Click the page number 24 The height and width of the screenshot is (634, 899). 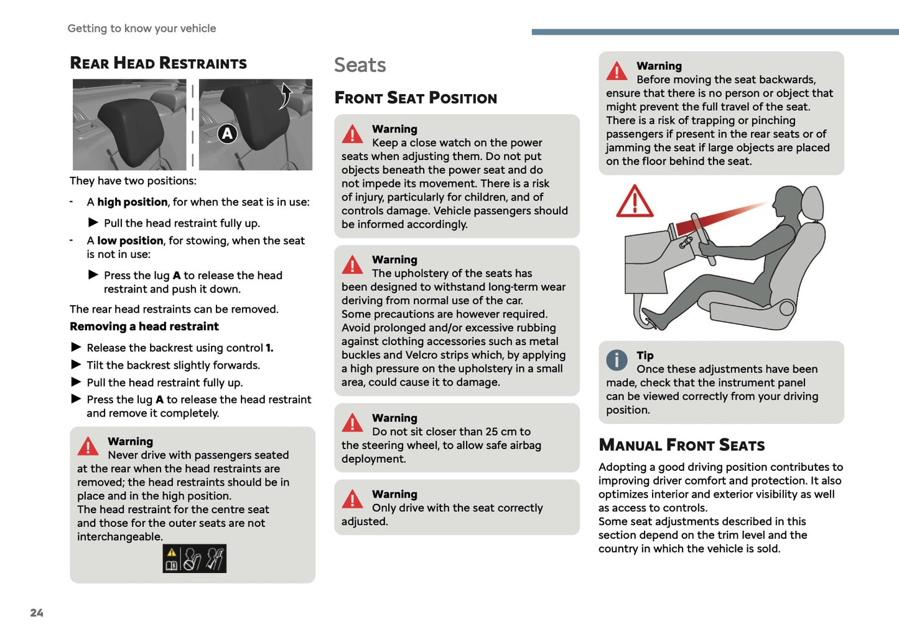tap(37, 613)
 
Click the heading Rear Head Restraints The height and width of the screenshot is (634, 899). tap(158, 63)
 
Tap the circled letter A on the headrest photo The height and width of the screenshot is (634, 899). tap(227, 133)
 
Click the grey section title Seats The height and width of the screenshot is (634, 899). tap(360, 65)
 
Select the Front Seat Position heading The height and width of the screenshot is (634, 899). tap(416, 98)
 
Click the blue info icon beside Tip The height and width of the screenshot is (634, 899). tap(617, 359)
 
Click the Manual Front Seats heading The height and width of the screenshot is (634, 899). tap(681, 445)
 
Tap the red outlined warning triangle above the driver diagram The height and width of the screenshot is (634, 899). tap(634, 202)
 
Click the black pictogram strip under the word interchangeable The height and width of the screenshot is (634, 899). tap(194, 559)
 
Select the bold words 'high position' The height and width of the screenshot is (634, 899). tap(132, 202)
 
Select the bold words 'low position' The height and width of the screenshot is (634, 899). tap(130, 240)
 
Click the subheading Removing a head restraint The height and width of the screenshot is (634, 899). tap(144, 326)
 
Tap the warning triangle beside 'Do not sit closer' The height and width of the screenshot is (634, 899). tap(352, 423)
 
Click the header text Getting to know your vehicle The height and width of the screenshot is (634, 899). tap(142, 28)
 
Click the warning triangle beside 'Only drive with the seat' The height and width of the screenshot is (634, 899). tap(352, 499)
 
